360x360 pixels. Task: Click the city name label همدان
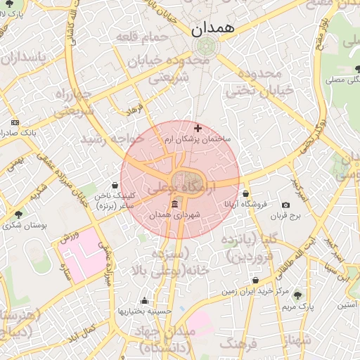(x=215, y=30)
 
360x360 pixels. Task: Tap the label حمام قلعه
(x=143, y=37)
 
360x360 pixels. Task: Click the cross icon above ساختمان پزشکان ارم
(x=198, y=129)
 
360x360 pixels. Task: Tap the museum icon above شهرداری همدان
(x=175, y=204)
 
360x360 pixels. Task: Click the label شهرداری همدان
(x=175, y=214)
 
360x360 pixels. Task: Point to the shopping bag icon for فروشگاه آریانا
(x=245, y=193)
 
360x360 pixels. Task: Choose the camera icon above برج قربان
(x=285, y=205)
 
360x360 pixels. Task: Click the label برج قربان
(x=285, y=216)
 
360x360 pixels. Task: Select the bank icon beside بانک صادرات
(x=15, y=122)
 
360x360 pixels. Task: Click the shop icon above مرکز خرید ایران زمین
(x=255, y=280)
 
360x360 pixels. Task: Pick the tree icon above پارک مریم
(x=298, y=295)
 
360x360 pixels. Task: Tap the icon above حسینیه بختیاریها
(x=145, y=300)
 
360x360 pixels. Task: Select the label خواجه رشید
(x=112, y=139)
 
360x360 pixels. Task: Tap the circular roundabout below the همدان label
(x=205, y=47)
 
